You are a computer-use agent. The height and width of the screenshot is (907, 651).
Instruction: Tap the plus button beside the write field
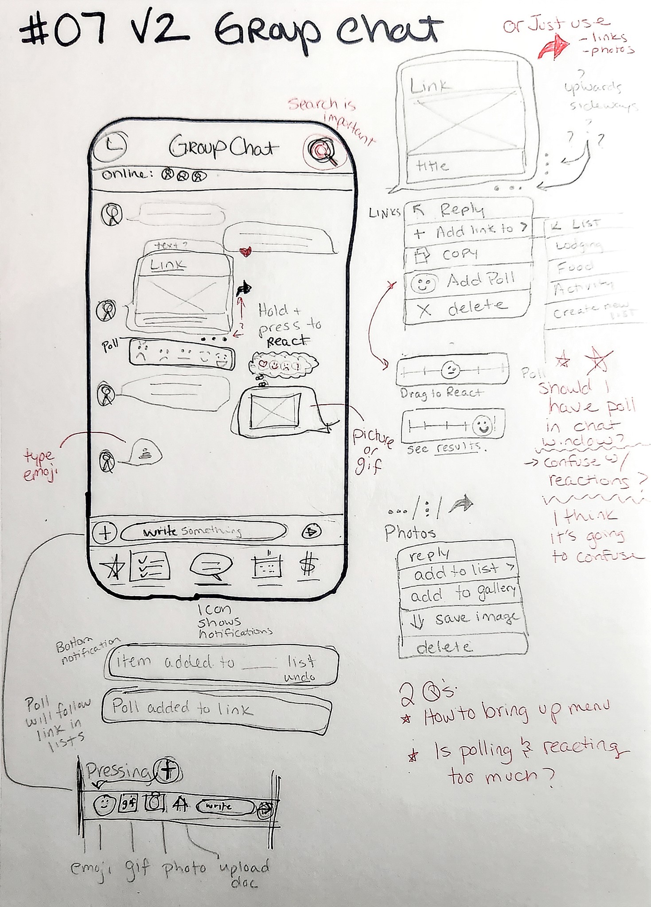point(105,532)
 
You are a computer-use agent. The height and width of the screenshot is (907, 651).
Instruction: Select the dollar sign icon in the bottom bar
point(308,566)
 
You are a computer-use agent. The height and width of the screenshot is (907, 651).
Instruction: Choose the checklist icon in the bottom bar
point(149,566)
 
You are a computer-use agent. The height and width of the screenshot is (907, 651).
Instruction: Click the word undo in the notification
point(300,677)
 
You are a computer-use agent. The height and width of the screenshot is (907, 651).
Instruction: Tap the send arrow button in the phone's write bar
point(312,531)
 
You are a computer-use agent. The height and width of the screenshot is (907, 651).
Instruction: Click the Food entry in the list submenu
point(575,267)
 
